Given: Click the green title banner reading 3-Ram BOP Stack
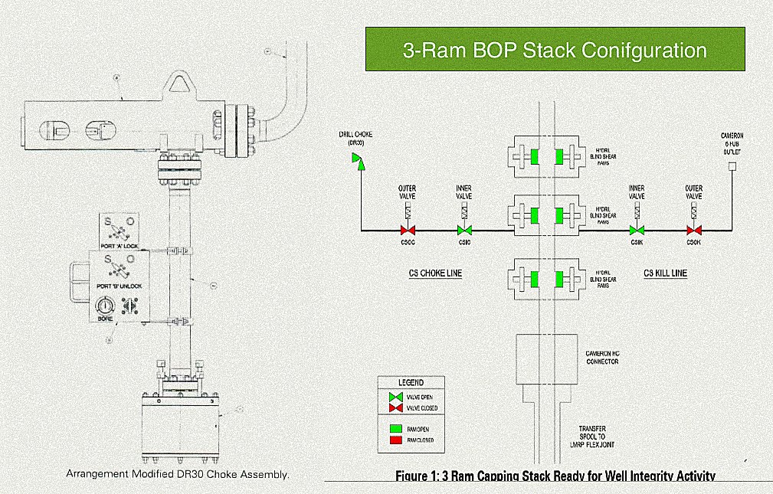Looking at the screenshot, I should [x=555, y=50].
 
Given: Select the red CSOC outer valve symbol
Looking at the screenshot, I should [x=407, y=230].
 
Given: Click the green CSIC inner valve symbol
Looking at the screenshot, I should [x=463, y=230].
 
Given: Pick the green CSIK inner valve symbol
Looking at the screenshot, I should [x=637, y=230].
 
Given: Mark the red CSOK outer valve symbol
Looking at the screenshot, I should [x=694, y=230].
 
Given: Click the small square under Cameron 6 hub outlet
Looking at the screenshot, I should [x=732, y=166].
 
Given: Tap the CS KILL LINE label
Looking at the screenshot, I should [x=665, y=273].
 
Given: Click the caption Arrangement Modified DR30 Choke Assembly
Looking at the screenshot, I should [x=178, y=474].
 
